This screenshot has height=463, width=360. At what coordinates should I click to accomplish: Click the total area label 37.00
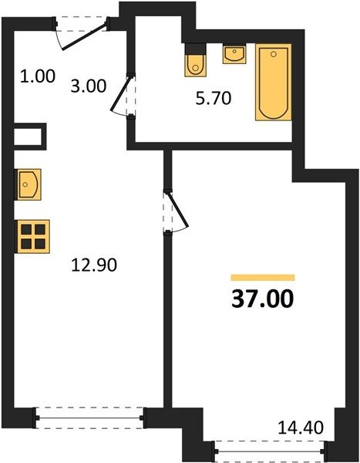point(263,299)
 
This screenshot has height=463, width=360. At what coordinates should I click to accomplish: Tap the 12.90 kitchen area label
point(94,265)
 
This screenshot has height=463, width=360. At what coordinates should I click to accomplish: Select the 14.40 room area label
point(301,428)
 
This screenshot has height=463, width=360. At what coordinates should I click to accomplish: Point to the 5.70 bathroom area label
point(213,98)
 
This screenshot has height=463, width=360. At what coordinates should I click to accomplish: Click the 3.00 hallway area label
point(88,86)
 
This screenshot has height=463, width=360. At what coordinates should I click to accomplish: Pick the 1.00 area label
point(38,76)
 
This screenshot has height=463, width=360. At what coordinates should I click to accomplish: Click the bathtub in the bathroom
point(274,82)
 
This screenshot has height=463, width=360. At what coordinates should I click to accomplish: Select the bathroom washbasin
point(234,54)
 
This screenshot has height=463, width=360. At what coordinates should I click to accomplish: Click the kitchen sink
point(28,184)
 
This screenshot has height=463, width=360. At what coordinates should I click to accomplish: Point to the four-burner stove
point(33,237)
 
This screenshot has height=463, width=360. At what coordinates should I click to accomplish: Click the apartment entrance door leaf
point(84,37)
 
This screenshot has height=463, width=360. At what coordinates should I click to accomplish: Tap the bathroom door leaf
point(121,93)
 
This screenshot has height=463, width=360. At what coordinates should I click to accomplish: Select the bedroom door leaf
point(178,210)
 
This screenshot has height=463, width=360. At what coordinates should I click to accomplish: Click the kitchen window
point(89,417)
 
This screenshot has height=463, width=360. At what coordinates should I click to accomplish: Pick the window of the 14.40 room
point(269,451)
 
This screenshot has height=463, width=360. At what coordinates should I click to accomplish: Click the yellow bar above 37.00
point(263,277)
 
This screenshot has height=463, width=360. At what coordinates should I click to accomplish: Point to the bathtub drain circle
point(274,54)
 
